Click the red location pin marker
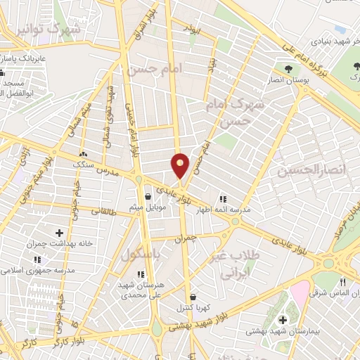[x=181, y=165]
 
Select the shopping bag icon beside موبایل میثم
[x=148, y=196]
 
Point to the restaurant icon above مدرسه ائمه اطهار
[x=223, y=199]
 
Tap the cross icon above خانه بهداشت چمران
[x=58, y=233]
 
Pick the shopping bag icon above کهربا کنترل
[x=193, y=296]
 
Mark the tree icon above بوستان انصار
[x=289, y=69]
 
